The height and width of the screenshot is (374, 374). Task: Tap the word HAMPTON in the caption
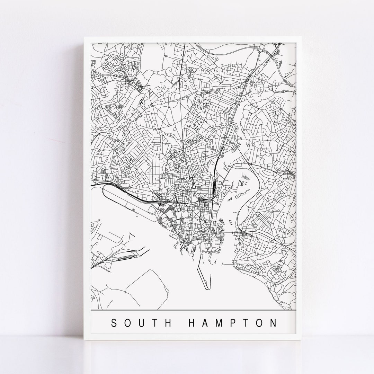(x=232, y=323)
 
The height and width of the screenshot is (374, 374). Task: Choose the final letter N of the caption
(x=274, y=323)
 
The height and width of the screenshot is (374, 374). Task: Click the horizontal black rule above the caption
(x=194, y=309)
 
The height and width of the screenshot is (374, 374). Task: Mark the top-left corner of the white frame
(x=84, y=36)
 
